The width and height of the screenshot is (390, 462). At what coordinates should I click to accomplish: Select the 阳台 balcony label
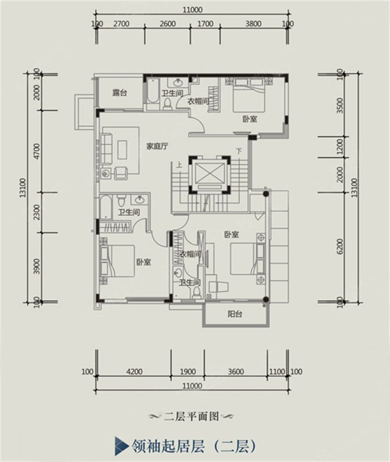click(235, 314)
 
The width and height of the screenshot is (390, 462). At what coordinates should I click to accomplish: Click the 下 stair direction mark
click(238, 152)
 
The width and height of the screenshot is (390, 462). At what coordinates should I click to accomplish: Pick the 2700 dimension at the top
click(120, 24)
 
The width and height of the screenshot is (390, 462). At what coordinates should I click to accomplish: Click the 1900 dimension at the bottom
click(187, 371)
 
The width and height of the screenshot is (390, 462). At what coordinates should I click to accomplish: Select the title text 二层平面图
click(191, 416)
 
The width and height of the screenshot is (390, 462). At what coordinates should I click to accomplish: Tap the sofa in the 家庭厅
click(107, 150)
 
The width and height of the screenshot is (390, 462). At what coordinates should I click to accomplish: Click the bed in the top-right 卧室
click(249, 95)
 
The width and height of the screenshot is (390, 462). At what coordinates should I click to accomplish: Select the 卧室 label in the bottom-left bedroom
click(144, 262)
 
